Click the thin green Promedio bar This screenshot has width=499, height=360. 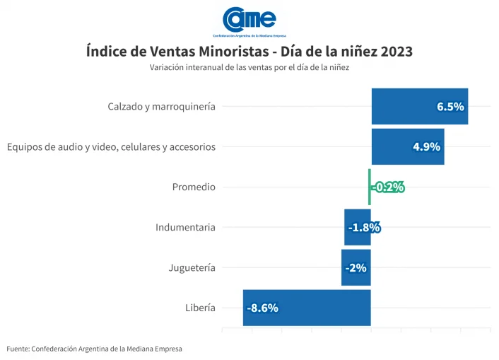click(x=369, y=187)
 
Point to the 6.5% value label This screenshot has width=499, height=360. click(x=450, y=107)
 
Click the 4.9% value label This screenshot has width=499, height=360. click(x=426, y=147)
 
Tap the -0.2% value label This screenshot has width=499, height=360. click(x=388, y=187)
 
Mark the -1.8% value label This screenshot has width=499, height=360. click(x=365, y=228)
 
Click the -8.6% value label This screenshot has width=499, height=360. click(x=262, y=308)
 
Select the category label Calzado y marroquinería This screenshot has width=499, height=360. click(x=161, y=107)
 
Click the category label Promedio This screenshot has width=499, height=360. click(x=194, y=187)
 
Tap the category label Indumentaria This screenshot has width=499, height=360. click(x=185, y=228)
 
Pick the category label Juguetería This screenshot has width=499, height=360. click(x=192, y=268)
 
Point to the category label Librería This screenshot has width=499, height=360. click(x=200, y=308)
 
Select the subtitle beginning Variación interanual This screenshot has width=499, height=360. click(x=249, y=68)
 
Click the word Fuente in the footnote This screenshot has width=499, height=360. click(x=18, y=349)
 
